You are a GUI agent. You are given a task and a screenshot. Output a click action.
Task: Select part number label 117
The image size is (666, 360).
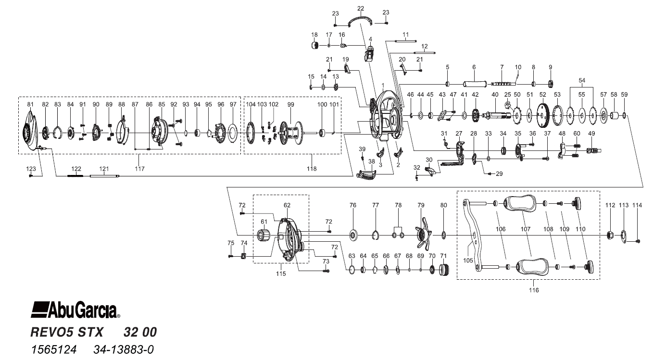click(139, 169)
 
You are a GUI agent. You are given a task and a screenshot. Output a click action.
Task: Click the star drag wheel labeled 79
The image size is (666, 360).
click(422, 234)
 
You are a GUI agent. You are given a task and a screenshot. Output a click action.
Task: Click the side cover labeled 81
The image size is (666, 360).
click(31, 130)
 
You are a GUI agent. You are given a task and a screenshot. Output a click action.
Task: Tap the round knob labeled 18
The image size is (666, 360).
click(315, 46)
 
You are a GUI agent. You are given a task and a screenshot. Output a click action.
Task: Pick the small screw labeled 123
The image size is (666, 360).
click(31, 176)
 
